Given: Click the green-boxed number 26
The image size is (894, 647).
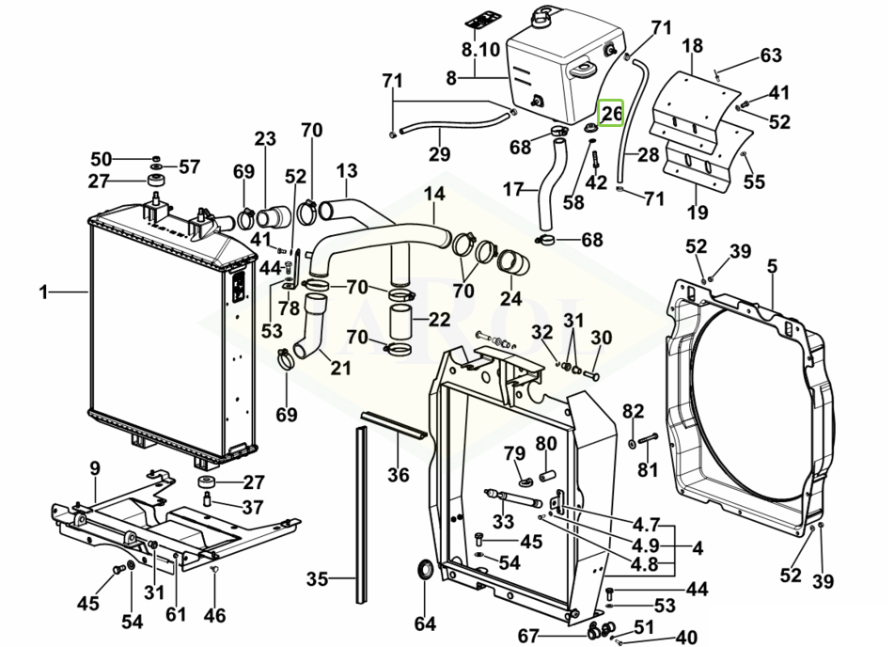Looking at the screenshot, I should coord(612,114).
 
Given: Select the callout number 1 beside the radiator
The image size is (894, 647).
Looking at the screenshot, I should coord(43,292).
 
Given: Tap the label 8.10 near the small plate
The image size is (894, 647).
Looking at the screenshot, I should coord(480,49).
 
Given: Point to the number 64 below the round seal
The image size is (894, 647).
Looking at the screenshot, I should coord(426,623).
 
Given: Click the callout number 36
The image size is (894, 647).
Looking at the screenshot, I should coord(399,475).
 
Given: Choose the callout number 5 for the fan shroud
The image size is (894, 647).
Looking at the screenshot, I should coord(772,267).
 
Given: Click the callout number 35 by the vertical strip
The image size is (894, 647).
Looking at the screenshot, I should coord(318,578).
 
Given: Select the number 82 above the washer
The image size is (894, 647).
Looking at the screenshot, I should coord(634,411).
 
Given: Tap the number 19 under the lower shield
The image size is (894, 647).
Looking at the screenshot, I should coord(697,213).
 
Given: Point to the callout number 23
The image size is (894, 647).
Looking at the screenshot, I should coord(265,140).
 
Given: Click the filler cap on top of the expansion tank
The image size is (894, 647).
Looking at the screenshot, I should coord(544,18).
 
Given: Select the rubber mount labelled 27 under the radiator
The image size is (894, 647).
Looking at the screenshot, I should coord(206,483).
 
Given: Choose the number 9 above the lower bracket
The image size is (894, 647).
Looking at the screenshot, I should coord(95,467).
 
